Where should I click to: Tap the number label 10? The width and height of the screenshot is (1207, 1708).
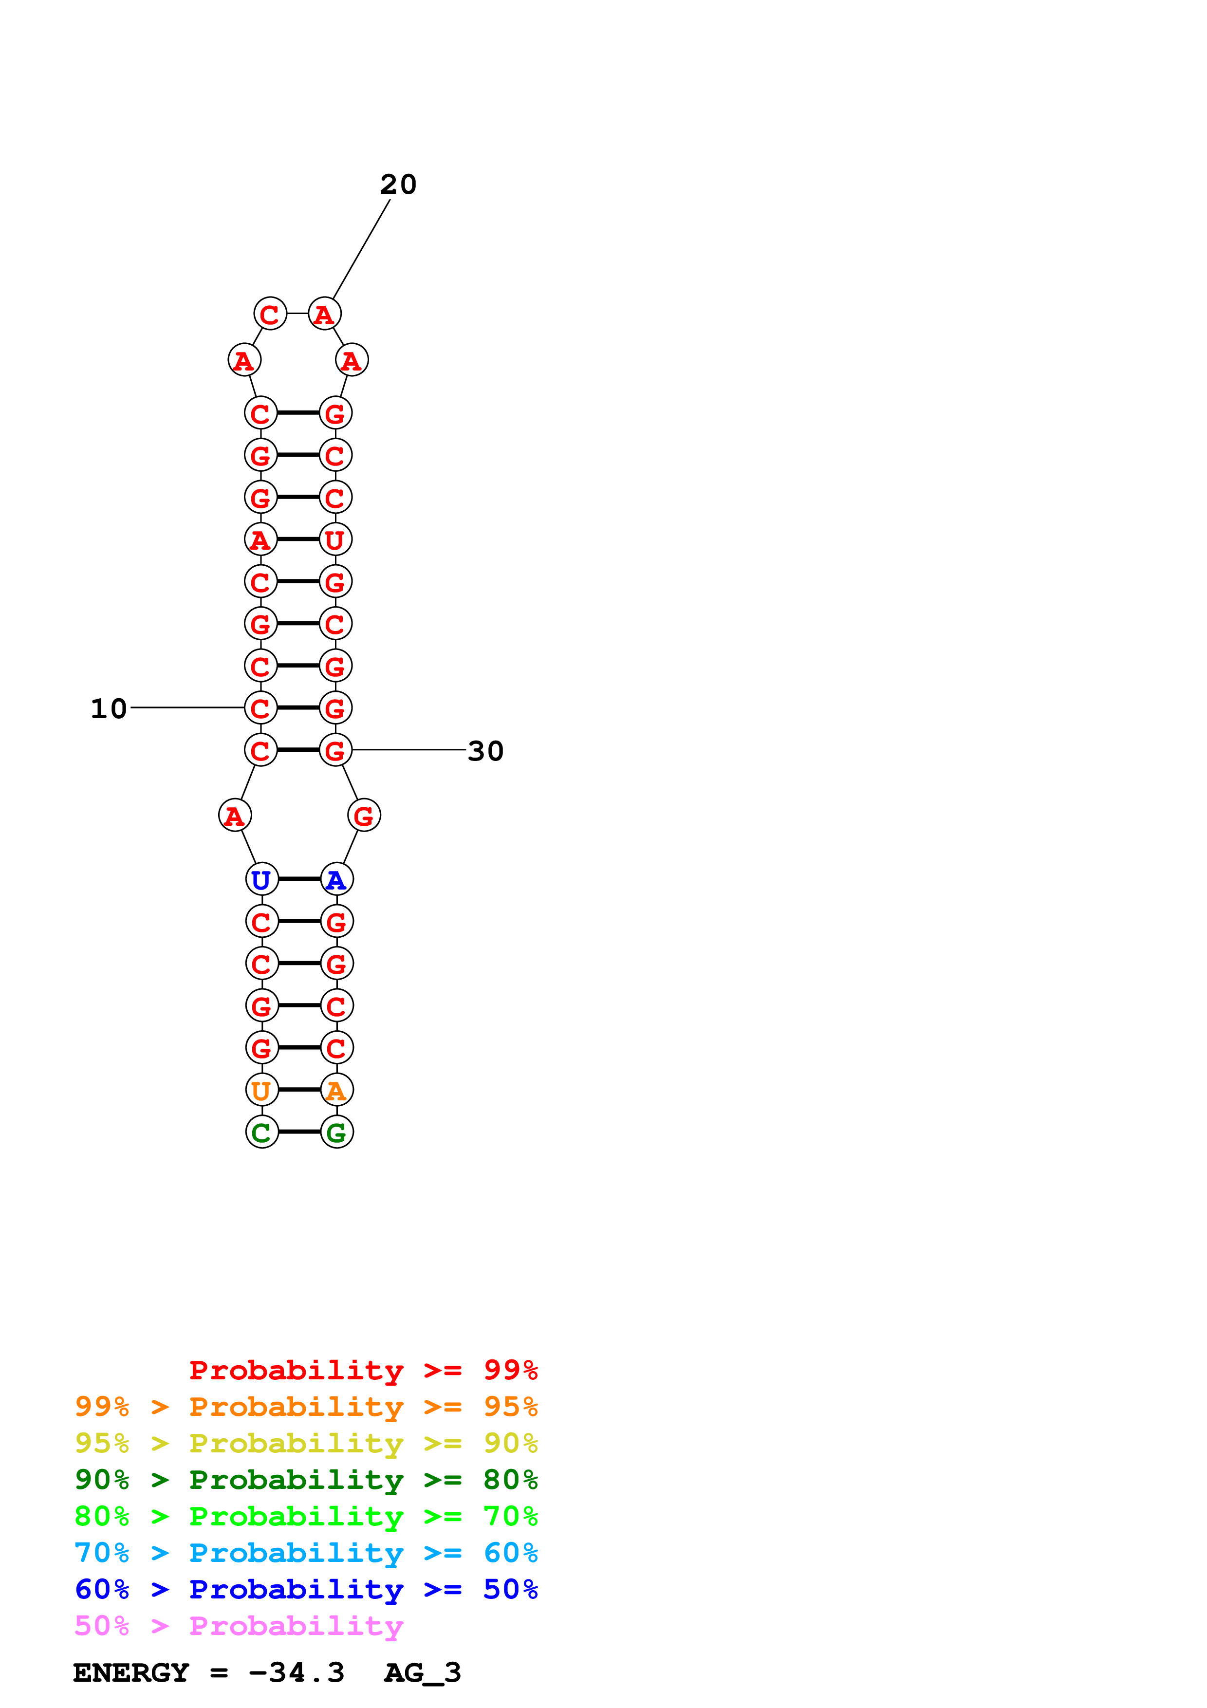click(109, 709)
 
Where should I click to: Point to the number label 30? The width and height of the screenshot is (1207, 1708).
click(485, 751)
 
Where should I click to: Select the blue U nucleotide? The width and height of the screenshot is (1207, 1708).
click(262, 879)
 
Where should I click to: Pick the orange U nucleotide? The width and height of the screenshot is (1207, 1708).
click(262, 1091)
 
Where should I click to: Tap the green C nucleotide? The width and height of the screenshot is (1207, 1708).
click(262, 1132)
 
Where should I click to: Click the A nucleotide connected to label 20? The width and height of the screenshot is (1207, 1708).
click(324, 314)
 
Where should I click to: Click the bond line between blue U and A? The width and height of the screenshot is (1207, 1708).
click(299, 879)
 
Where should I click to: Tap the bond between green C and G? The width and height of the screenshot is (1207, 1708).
click(299, 1132)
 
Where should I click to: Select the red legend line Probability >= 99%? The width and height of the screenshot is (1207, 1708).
click(363, 1370)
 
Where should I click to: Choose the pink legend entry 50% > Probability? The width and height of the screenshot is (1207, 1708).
click(238, 1626)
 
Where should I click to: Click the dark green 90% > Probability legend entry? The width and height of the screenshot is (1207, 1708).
click(306, 1480)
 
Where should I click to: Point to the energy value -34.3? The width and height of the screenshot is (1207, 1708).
click(296, 1673)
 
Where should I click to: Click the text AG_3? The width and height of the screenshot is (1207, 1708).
click(423, 1673)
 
